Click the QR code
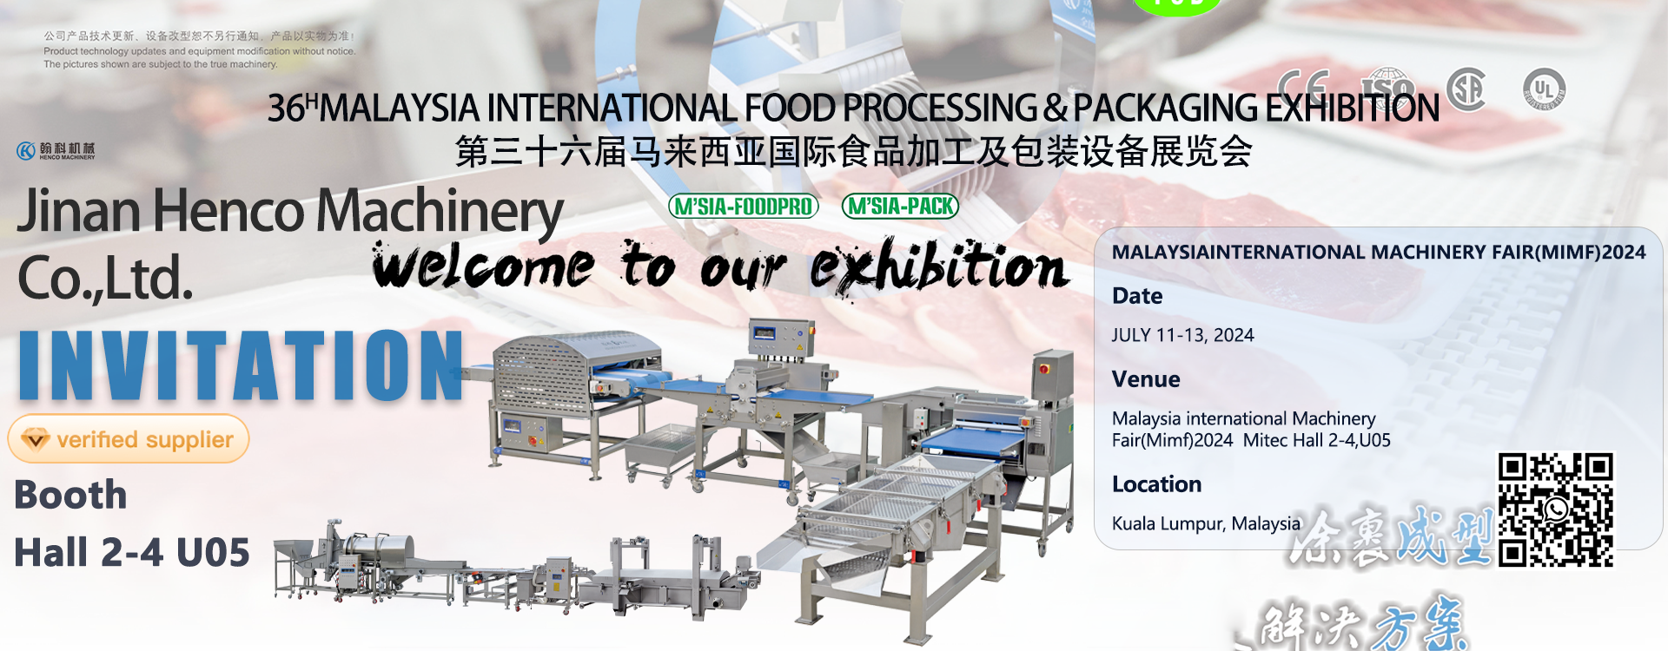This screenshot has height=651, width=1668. click(x=1555, y=510)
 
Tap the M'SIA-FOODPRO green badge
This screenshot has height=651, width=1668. click(x=744, y=207)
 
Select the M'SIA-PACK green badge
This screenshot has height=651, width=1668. click(x=900, y=207)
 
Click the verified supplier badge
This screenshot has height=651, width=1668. click(x=129, y=439)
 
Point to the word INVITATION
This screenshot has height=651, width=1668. click(x=242, y=365)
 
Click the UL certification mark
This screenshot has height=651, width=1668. click(x=1544, y=89)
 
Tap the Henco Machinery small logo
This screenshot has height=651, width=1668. click(x=56, y=151)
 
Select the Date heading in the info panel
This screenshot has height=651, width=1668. click(x=1136, y=296)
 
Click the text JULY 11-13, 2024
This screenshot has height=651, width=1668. click(x=1182, y=335)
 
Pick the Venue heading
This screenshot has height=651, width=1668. click(x=1145, y=379)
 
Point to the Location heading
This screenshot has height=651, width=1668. click(x=1156, y=484)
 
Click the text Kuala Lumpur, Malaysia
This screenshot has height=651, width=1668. click(x=1206, y=523)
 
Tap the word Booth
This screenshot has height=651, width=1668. click(x=71, y=495)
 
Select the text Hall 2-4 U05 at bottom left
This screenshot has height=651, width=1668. click(x=132, y=553)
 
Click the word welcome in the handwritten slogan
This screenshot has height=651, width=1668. click(x=483, y=266)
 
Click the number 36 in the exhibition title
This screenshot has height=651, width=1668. click(x=286, y=108)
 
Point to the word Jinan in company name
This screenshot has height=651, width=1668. click(x=79, y=211)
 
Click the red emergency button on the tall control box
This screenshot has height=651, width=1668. click(x=1044, y=369)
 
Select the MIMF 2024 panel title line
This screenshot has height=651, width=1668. click(x=1378, y=253)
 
